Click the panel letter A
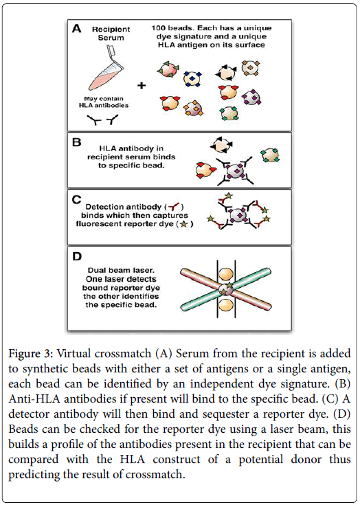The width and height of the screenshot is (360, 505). (76, 29)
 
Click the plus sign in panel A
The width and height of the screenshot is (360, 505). (142, 85)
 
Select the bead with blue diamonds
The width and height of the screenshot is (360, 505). (192, 79)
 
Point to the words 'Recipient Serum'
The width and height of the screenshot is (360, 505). (111, 34)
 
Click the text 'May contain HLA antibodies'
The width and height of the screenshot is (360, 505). (104, 102)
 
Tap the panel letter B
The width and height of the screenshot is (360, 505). (77, 142)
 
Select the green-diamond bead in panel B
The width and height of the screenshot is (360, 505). (270, 155)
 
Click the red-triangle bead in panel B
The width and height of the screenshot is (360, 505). (206, 170)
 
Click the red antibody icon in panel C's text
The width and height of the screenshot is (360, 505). (174, 206)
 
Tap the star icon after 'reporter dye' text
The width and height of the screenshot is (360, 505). (183, 224)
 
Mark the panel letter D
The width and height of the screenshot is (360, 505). (77, 257)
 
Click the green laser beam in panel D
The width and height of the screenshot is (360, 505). (225, 289)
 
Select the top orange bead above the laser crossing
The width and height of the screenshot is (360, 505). (226, 274)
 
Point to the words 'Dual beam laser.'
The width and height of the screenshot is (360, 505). (118, 271)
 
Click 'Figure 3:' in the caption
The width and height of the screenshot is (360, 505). (31, 354)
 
